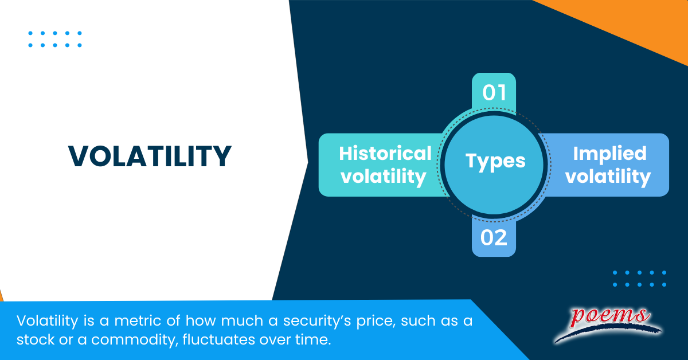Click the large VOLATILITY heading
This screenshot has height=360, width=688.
pyautogui.click(x=150, y=156)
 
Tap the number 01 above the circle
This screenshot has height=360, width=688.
pyautogui.click(x=494, y=93)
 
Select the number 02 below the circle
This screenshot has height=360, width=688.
pyautogui.click(x=494, y=237)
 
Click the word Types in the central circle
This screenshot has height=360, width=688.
pyautogui.click(x=495, y=161)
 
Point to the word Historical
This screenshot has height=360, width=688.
pyautogui.click(x=385, y=153)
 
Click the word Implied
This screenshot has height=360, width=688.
pyautogui.click(x=609, y=153)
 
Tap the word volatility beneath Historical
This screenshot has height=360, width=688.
pyautogui.click(x=384, y=176)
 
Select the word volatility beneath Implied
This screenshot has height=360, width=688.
pyautogui.click(x=608, y=176)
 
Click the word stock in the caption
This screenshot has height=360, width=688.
pyautogui.click(x=36, y=340)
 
